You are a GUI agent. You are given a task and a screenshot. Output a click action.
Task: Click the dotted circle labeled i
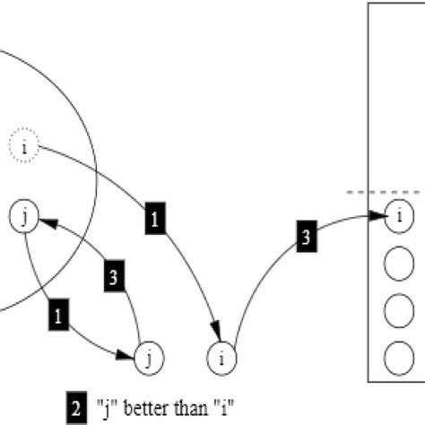pos(24,144)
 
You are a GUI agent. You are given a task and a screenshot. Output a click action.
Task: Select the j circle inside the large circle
pos(24,217)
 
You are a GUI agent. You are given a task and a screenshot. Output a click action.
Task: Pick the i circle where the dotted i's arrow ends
pos(221,359)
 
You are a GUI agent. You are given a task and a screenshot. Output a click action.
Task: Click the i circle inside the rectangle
pos(398,216)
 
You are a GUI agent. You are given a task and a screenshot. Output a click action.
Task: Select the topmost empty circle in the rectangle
pos(398,265)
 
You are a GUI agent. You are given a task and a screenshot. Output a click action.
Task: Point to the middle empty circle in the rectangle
pos(398,311)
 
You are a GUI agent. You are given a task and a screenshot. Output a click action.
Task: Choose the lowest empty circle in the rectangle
pos(398,358)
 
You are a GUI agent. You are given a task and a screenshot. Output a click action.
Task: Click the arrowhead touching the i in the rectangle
pos(380,216)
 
